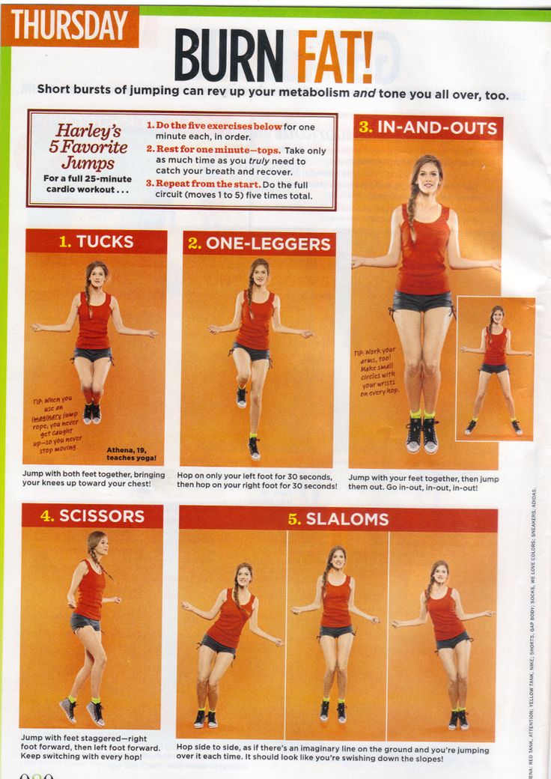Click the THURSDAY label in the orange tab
coord(69,26)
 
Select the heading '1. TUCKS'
coord(96,241)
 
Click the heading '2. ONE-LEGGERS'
coord(258,243)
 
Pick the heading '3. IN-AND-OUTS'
coord(427,127)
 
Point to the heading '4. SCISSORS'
coord(92,515)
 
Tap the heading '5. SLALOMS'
coord(338,518)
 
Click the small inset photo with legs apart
coord(495,369)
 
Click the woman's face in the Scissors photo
coord(99,545)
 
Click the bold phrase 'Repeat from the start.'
coord(192,184)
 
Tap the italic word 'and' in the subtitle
coord(364,94)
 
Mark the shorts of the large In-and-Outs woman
coord(423,301)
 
